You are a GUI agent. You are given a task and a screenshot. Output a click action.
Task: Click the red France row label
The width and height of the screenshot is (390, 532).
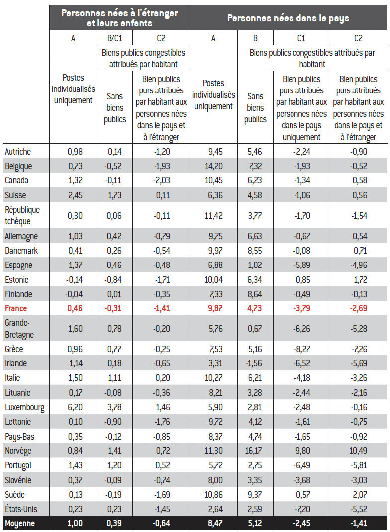coord(16,309)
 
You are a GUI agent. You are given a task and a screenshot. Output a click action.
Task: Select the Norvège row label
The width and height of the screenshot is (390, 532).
coord(18,451)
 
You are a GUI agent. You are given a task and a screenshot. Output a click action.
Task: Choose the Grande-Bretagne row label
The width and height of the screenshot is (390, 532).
coord(19,329)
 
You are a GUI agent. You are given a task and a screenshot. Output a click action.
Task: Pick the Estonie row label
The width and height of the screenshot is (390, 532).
coord(17,279)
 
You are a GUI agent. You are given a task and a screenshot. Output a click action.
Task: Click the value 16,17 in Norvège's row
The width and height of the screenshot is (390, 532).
coord(255,451)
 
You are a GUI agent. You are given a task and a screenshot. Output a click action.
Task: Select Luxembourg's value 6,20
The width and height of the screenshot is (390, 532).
coord(73,408)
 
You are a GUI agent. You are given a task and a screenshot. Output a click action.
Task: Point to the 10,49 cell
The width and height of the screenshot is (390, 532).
coord(358,451)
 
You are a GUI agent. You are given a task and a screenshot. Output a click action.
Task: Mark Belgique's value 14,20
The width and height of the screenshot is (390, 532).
coord(213,166)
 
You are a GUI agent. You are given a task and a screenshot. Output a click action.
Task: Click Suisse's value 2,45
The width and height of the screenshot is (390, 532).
coord(73,195)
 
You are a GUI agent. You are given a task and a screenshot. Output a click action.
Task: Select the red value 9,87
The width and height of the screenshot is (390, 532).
coord(213,309)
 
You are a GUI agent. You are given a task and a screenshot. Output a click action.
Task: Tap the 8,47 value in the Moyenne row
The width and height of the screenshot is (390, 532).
coord(213,524)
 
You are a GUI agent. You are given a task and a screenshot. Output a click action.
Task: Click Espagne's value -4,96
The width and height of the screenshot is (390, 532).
coord(358,265)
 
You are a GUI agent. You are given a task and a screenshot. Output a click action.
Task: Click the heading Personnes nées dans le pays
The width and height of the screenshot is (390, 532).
coord(288,18)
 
